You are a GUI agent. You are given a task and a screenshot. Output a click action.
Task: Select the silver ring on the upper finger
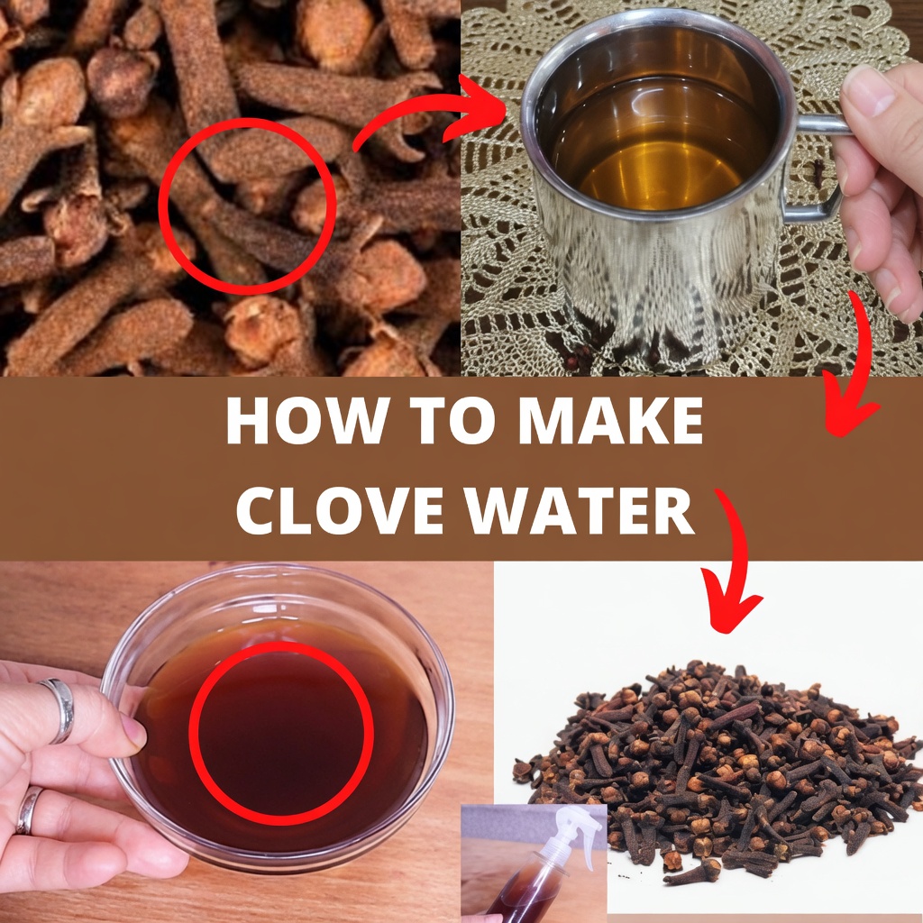coord(58,710)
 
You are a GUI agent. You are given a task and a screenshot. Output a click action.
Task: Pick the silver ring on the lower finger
coord(28,810)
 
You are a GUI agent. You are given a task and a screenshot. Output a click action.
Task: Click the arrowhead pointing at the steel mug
coord(477,108)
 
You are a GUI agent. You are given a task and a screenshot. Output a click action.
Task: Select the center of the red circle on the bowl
coord(281,732)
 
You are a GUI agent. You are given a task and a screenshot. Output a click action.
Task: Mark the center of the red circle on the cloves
coord(248,206)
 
